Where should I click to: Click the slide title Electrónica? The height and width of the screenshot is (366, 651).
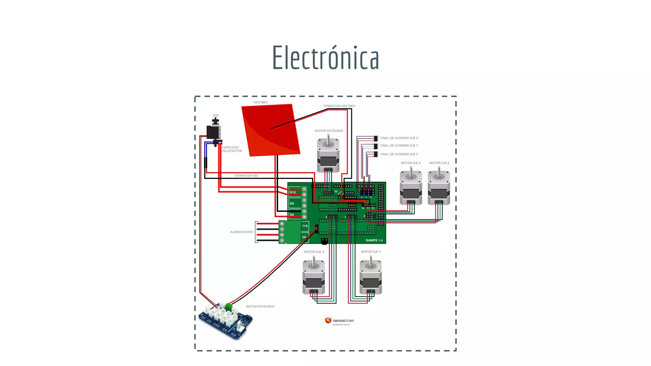pos(325,58)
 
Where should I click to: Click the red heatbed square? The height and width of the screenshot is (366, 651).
pos(270,130)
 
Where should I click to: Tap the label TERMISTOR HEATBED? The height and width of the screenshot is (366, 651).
pos(339,106)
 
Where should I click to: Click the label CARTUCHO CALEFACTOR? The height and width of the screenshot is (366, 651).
pos(232,149)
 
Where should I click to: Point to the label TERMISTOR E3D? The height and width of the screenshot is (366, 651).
pos(246,176)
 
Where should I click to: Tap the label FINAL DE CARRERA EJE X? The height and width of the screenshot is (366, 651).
pos(399,138)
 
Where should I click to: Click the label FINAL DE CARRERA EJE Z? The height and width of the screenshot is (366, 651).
pos(399,154)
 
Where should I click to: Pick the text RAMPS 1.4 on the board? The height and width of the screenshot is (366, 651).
pos(374,241)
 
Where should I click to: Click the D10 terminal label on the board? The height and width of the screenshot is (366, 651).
pos(292,193)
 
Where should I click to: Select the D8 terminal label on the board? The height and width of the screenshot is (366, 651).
pos(292,215)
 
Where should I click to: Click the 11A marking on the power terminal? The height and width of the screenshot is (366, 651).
pos(305,226)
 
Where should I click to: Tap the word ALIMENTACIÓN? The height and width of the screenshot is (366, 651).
pos(241,232)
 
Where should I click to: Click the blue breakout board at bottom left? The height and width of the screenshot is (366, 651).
pos(225,321)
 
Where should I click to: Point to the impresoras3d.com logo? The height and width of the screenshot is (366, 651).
pos(339,321)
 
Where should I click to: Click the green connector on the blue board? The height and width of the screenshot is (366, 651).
pos(228,307)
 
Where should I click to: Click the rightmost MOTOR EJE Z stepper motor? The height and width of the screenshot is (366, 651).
pos(439,188)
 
